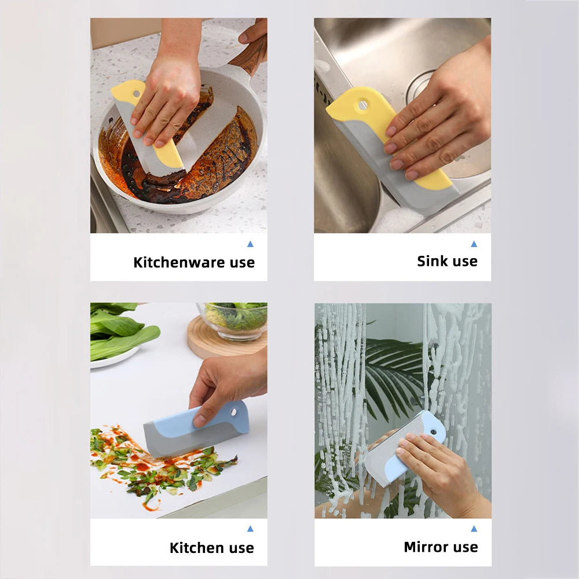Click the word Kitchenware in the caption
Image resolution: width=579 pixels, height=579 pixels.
[179, 262]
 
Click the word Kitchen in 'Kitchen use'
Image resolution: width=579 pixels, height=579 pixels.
[197, 548]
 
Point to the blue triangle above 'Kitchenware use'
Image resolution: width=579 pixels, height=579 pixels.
[250, 244]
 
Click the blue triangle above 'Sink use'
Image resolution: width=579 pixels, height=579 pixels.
[474, 244]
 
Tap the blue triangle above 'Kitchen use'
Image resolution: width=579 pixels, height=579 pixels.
[250, 529]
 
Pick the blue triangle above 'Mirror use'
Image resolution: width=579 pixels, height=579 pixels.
[474, 529]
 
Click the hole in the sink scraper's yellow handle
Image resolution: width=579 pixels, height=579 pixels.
[362, 105]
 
